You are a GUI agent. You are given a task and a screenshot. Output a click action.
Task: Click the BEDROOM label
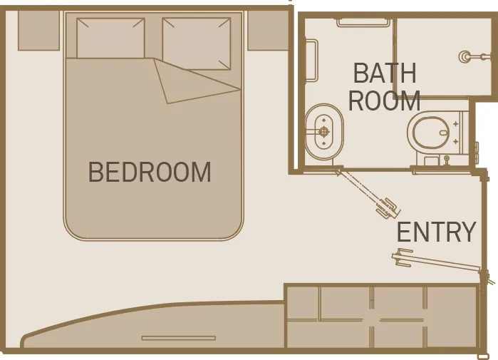coord(150,173)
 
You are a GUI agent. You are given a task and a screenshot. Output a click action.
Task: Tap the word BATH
coord(385,73)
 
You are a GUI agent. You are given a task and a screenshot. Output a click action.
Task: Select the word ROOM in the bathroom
coord(384,101)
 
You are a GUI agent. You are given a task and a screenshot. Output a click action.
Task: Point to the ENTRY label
coord(436,232)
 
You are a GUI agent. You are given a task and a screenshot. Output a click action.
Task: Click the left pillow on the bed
coord(110,38)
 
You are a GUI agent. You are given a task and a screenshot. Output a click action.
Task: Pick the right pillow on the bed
coord(196,43)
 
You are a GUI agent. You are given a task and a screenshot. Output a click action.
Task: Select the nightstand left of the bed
coord(38,30)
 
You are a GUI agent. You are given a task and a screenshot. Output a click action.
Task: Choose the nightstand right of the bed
coord(268,30)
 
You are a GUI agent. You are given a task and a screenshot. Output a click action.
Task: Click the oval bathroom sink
coord(324,131)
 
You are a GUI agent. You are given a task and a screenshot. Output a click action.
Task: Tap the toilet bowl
coord(430,132)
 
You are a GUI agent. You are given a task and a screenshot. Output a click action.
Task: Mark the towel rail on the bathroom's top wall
coord(363,22)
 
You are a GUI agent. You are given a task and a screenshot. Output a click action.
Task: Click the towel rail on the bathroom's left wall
coord(311,61)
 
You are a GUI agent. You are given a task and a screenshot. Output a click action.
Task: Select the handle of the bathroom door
coord(390,207)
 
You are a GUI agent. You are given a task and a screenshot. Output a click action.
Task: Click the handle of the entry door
coord(403,258)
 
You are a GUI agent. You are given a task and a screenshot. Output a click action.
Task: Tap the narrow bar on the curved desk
coord(178,338)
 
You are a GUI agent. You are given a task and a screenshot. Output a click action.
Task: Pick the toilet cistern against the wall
coord(464,133)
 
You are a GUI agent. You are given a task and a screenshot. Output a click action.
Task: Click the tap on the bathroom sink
coord(324,131)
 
